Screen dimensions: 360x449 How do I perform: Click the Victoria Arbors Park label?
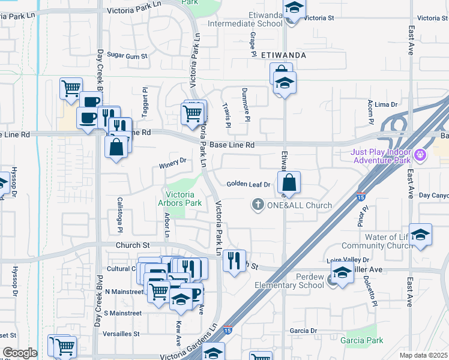point(184,199)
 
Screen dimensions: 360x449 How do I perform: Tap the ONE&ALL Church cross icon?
point(258,205)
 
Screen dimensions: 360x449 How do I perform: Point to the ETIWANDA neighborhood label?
point(285,55)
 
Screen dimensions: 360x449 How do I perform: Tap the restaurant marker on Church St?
point(234,260)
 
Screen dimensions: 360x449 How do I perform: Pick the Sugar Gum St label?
point(127,55)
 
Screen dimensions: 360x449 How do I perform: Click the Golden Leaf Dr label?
point(249,184)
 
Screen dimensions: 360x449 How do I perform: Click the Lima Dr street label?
point(386,104)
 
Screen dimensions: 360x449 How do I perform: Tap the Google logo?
point(20,353)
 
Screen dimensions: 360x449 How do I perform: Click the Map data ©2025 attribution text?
point(423,355)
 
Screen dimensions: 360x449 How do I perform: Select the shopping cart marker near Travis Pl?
point(191,113)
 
